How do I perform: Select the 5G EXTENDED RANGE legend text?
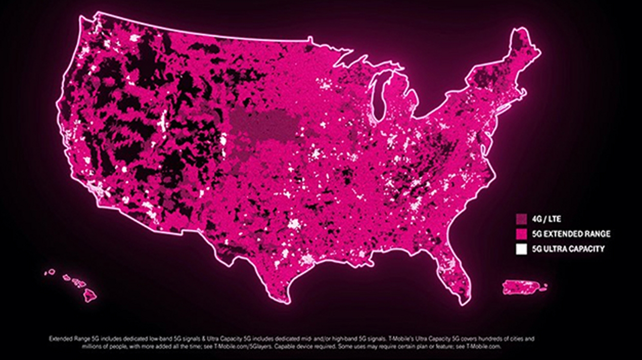571,234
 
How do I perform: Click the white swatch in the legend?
521,249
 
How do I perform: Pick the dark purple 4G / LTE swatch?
521,218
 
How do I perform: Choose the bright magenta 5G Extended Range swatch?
521,234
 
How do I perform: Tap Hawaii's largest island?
89,294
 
